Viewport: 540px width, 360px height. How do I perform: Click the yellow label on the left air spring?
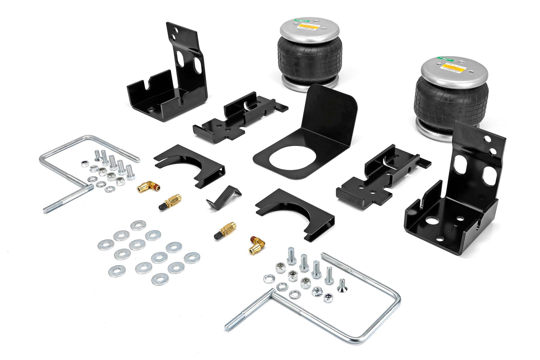[x=309, y=27]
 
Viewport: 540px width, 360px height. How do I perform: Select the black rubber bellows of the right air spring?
[x=451, y=102]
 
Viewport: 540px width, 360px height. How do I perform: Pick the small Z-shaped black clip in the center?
[x=223, y=197]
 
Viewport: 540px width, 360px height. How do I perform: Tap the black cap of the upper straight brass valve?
[x=163, y=206]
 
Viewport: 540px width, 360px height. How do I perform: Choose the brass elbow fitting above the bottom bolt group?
[x=257, y=245]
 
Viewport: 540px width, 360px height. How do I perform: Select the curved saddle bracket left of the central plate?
[x=189, y=165]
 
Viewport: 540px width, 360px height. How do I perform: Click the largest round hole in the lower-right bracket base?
[x=431, y=220]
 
